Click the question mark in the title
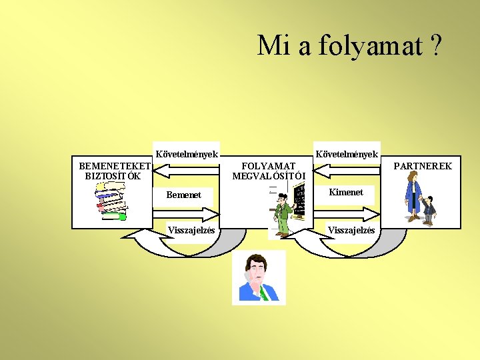[x=436, y=45]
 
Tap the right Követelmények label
[x=347, y=154]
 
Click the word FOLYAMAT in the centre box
[x=268, y=166]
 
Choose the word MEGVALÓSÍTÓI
[x=269, y=177]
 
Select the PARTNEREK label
[x=423, y=166]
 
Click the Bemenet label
[x=183, y=195]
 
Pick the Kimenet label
[x=347, y=192]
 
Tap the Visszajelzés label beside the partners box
[x=351, y=231]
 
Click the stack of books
[x=111, y=199]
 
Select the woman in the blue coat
[x=414, y=195]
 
